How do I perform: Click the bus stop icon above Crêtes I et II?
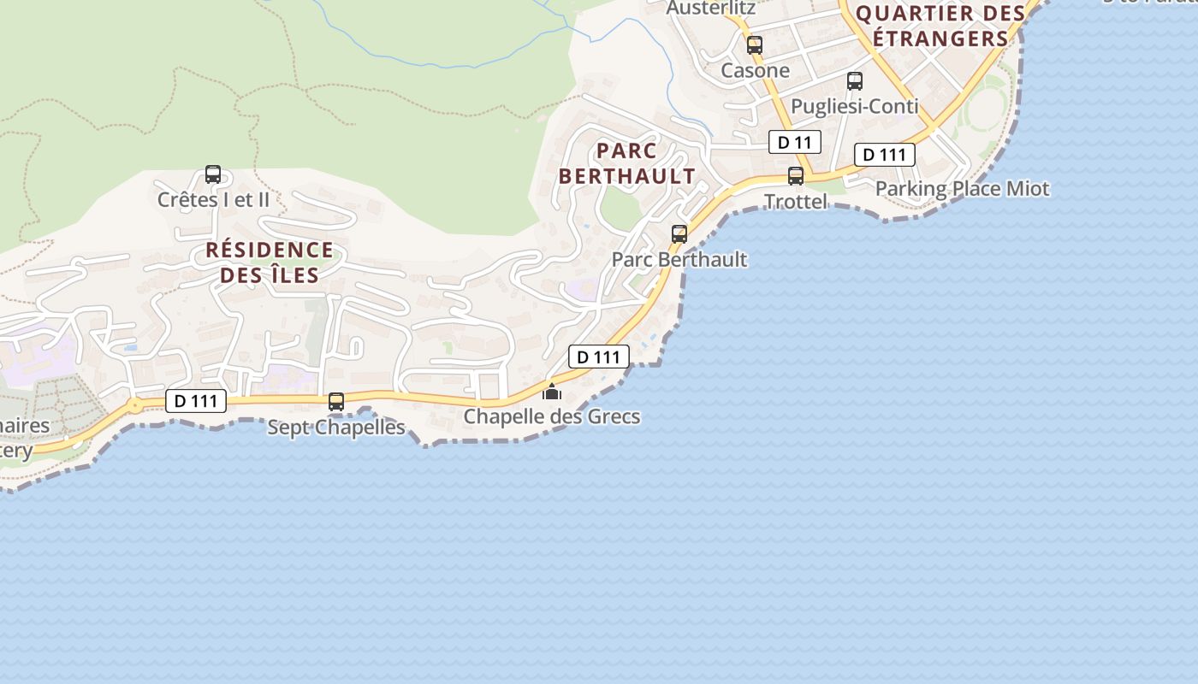coord(213,174)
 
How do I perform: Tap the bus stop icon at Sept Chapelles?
coord(336,401)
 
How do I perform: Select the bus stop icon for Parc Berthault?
coord(679,233)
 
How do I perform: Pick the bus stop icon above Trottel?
coord(796,176)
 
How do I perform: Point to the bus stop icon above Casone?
coord(754,45)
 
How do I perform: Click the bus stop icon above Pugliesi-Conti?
coord(855,81)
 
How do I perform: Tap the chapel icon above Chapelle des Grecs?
coord(552,392)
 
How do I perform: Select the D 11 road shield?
coord(794,142)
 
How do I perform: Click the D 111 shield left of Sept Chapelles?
coord(196,400)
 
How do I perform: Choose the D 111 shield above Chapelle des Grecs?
coord(599,357)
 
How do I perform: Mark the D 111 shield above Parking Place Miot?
coord(885,155)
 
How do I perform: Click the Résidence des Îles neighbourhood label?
coord(270,262)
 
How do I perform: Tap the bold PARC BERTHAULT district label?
coord(627,164)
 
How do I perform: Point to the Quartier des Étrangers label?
coord(940,27)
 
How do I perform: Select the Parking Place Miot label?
coord(962,189)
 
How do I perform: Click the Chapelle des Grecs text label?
coord(552,417)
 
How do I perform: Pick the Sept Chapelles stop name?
coord(336,427)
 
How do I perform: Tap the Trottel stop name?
coord(796,202)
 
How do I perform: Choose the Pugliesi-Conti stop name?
coord(855,107)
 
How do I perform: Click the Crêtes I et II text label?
coord(213,200)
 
